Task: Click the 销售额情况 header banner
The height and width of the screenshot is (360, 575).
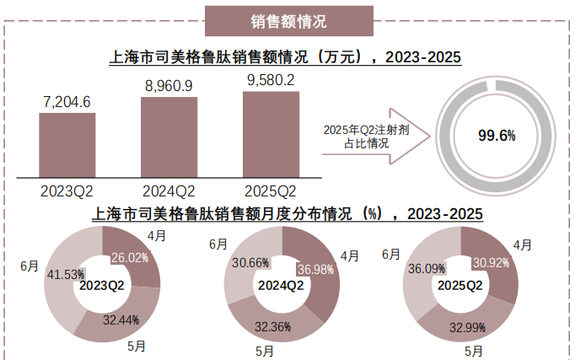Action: pyautogui.click(x=288, y=21)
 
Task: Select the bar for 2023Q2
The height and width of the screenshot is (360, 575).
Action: pyautogui.click(x=67, y=143)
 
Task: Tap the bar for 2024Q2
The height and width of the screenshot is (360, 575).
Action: pyautogui.click(x=169, y=136)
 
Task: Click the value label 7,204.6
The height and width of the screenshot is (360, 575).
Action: pyautogui.click(x=67, y=102)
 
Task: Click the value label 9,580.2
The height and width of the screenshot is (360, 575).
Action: pyautogui.click(x=271, y=80)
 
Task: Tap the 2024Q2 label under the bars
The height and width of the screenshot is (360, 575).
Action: pyautogui.click(x=169, y=189)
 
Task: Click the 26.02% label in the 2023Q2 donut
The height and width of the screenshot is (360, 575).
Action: pyautogui.click(x=130, y=257)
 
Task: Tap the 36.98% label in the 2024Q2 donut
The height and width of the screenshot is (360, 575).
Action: pyautogui.click(x=311, y=268)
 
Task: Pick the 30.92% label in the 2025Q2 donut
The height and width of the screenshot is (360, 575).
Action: pyautogui.click(x=491, y=262)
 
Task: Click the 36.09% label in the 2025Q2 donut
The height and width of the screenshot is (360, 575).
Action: pyautogui.click(x=427, y=270)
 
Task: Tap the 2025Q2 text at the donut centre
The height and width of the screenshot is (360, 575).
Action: pyautogui.click(x=461, y=285)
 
